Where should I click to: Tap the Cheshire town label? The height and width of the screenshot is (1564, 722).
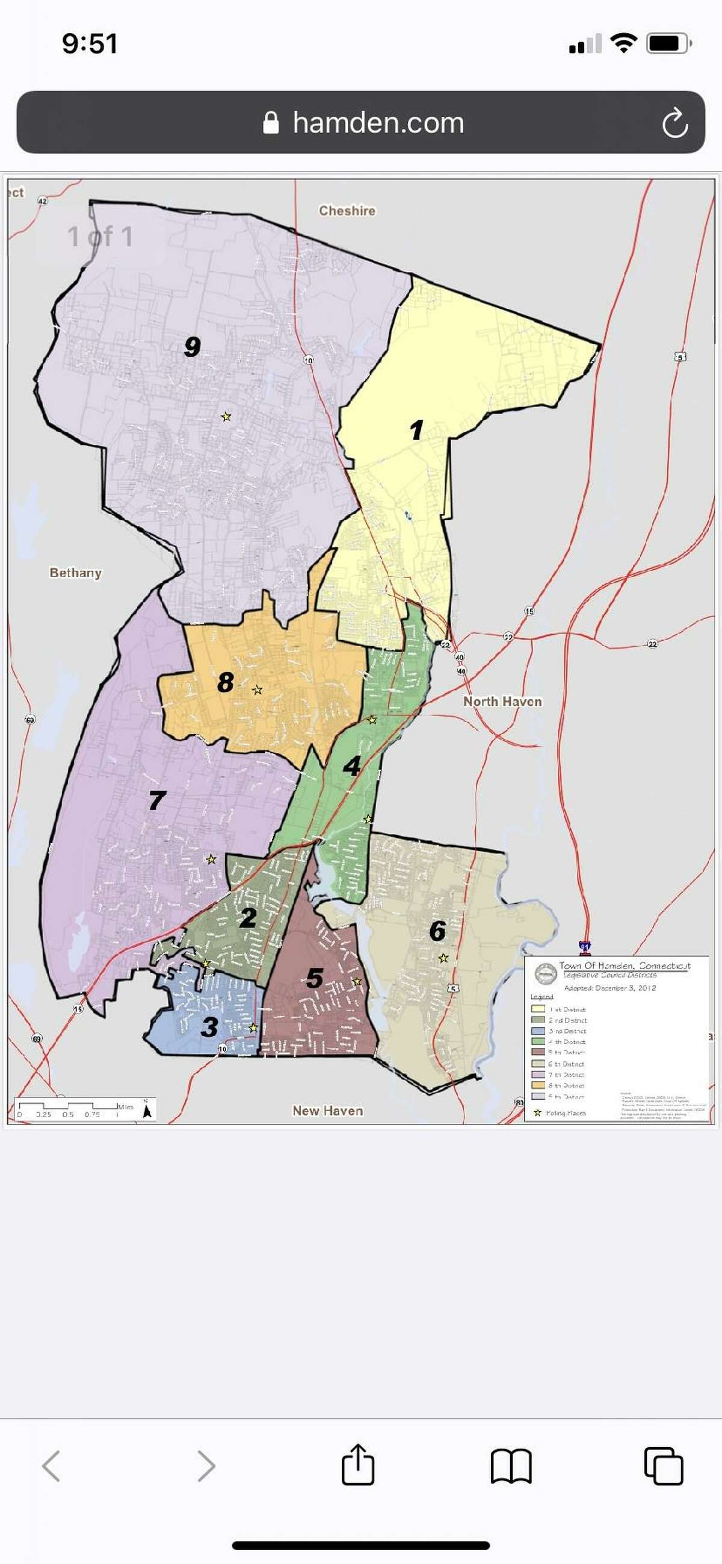(347, 211)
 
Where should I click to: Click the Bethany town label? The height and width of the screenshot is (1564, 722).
(75, 573)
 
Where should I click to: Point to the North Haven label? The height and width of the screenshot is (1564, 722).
(502, 701)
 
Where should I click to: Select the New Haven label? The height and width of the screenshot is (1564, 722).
(328, 1111)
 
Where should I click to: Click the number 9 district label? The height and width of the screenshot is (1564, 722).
(193, 347)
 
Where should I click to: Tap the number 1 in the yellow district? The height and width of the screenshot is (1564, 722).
(416, 430)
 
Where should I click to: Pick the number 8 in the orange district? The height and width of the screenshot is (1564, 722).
(225, 682)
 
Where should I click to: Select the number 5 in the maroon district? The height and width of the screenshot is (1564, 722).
(314, 978)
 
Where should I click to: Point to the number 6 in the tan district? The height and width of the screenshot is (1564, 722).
(437, 930)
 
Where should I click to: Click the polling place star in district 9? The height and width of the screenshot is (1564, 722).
(226, 417)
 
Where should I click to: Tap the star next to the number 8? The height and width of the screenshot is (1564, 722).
(258, 690)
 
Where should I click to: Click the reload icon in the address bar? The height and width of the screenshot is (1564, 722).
(674, 123)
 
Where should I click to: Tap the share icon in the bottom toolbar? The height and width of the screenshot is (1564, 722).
(358, 1465)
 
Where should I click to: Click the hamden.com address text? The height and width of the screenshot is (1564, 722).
(378, 123)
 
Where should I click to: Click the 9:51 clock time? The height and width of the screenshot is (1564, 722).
(90, 44)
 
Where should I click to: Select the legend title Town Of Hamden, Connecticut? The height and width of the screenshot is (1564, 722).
(625, 965)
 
